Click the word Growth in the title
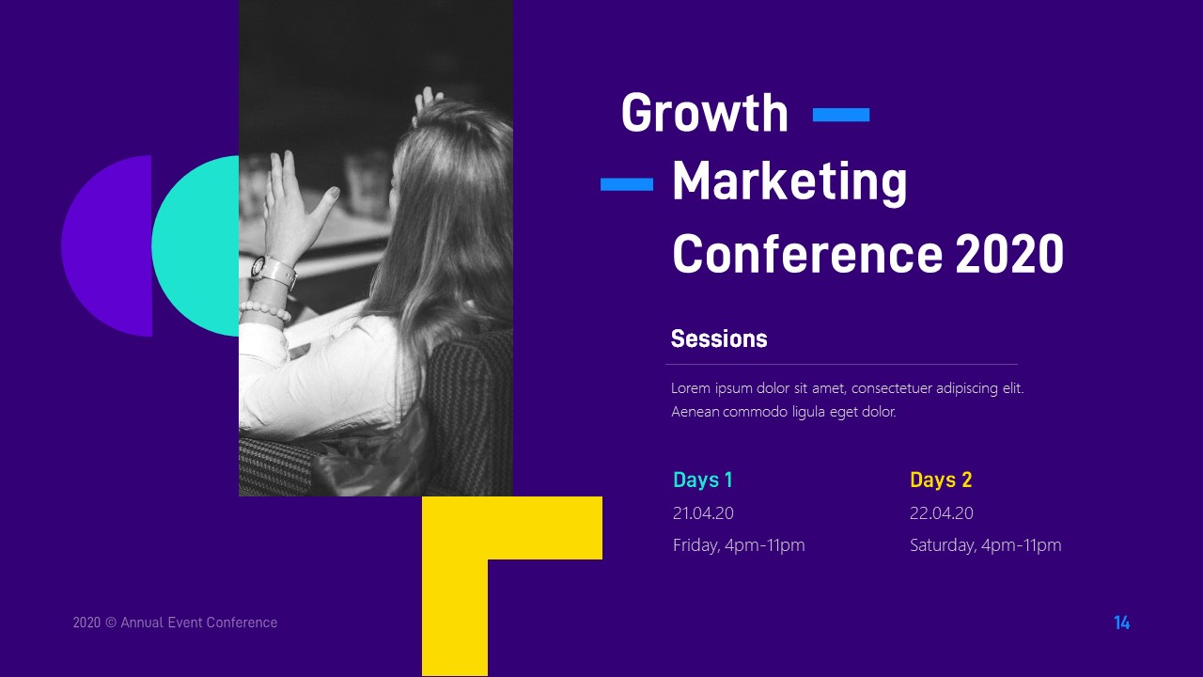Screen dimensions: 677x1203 [704, 114]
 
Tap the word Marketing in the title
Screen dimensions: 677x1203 [789, 182]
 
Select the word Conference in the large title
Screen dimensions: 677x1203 [806, 254]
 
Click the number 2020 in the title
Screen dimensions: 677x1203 [1009, 254]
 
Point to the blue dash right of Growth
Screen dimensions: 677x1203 [840, 115]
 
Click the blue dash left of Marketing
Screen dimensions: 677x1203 [627, 184]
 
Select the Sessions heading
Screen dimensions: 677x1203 [719, 338]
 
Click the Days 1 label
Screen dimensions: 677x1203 [702, 480]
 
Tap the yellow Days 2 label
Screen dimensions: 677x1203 [941, 480]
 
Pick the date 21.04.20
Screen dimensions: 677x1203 [703, 513]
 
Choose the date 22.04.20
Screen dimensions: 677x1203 [941, 513]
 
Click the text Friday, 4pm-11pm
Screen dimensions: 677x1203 [739, 545]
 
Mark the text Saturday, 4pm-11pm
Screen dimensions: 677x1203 [985, 545]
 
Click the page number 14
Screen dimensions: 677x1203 [1121, 622]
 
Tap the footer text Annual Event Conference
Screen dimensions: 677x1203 [198, 622]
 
